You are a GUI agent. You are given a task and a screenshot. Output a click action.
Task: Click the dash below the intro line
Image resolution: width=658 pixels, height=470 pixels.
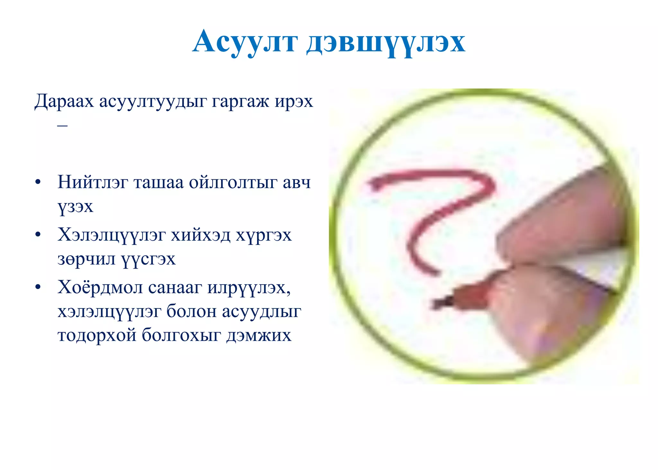tap(62, 125)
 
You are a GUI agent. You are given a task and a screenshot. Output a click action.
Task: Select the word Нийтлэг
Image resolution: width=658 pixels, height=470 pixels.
tap(93, 182)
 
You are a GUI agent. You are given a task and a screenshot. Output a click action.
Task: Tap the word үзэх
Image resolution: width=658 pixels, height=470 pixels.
tap(76, 207)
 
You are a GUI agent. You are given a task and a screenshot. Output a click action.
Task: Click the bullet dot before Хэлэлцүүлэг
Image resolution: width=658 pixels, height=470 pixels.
tap(38, 235)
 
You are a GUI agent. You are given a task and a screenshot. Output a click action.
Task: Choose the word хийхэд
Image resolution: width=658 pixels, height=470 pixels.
tap(200, 235)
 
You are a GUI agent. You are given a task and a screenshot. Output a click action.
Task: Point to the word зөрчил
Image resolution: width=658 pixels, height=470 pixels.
tap(86, 259)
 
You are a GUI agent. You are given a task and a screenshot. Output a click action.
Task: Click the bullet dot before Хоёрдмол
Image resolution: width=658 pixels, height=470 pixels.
tap(38, 287)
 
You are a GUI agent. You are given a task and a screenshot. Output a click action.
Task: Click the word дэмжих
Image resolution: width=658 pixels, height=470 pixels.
tap(259, 335)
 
